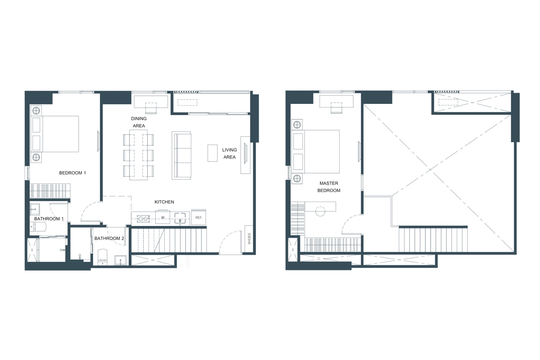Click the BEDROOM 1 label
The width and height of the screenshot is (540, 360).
[x=72, y=173]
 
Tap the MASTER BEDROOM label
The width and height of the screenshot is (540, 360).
[x=329, y=187]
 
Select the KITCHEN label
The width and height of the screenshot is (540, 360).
[x=164, y=202]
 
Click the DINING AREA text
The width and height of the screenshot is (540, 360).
[x=139, y=121]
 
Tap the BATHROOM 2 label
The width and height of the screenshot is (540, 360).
[x=109, y=238]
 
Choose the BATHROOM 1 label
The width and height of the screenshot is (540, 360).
[x=49, y=219]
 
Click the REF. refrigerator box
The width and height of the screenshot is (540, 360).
[x=198, y=217]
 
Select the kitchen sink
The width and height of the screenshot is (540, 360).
[x=180, y=218]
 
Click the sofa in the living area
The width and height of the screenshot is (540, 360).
[x=181, y=155]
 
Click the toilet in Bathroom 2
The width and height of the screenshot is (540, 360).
[x=102, y=256]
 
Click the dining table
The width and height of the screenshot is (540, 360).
[x=138, y=155]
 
